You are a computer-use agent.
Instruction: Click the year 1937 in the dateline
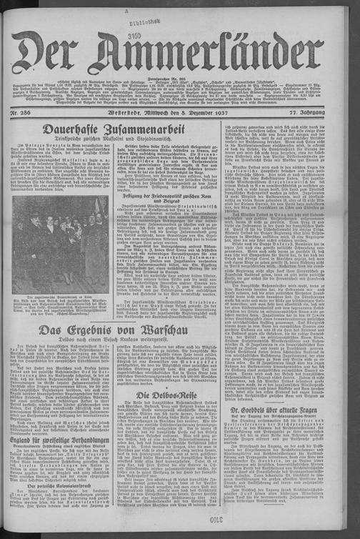coord(224,112)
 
